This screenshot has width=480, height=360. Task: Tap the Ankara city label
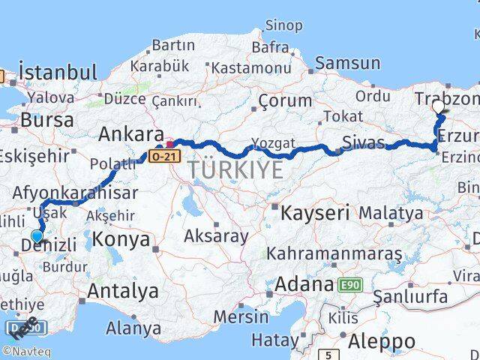pyautogui.click(x=131, y=134)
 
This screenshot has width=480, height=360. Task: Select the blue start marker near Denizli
pyautogui.click(x=37, y=236)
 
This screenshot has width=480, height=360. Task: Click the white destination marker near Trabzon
pyautogui.click(x=439, y=106)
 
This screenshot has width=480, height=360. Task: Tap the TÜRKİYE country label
pyautogui.click(x=235, y=170)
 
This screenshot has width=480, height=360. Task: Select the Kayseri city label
pyautogui.click(x=315, y=212)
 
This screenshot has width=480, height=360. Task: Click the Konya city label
pyautogui.click(x=122, y=241)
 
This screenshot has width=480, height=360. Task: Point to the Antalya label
pyautogui.click(x=123, y=291)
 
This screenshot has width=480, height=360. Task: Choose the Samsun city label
pyautogui.click(x=347, y=64)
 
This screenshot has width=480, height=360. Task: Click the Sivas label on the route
pyautogui.click(x=363, y=142)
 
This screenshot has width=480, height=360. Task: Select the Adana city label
pyautogui.click(x=304, y=285)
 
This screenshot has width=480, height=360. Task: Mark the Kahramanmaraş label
pyautogui.click(x=334, y=253)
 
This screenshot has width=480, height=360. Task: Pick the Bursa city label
pyautogui.click(x=48, y=120)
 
